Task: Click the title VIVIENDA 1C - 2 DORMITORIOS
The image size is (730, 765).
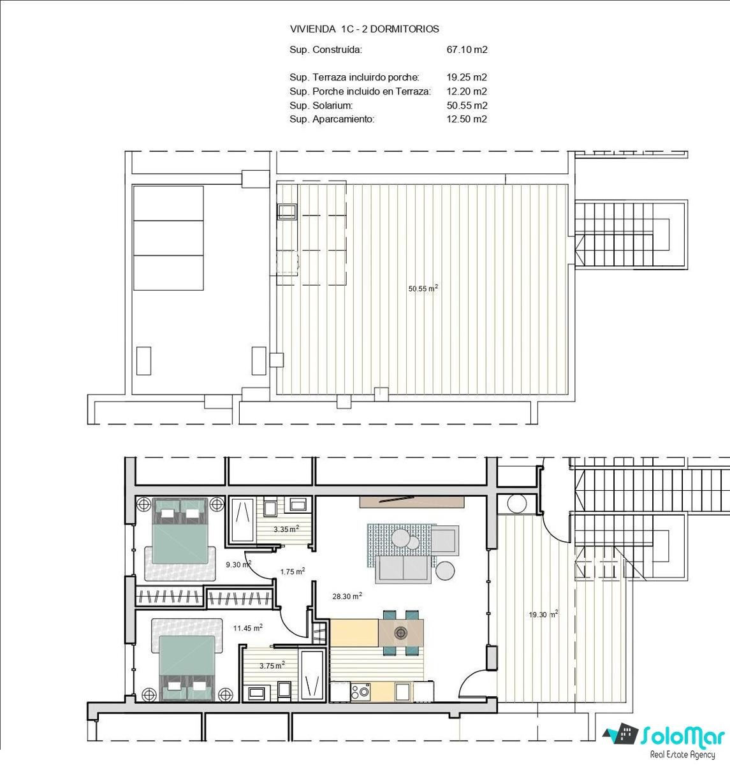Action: pos(364,29)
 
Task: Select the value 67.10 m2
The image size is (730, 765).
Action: pos(467,50)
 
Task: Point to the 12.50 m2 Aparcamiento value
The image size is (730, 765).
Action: pos(467,119)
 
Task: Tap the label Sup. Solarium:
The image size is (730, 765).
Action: pos(321,105)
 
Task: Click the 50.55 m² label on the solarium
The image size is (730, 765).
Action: pos(423,288)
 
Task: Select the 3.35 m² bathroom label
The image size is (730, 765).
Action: pos(286,529)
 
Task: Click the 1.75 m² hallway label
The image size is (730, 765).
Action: pos(293,572)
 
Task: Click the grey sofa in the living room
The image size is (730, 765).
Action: pos(403,569)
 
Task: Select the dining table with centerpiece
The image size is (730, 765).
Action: pos(401,632)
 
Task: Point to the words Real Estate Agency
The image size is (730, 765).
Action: pos(683,755)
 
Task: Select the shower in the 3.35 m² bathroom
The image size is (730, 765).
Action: pos(242,519)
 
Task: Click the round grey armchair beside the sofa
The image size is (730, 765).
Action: pos(445,571)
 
